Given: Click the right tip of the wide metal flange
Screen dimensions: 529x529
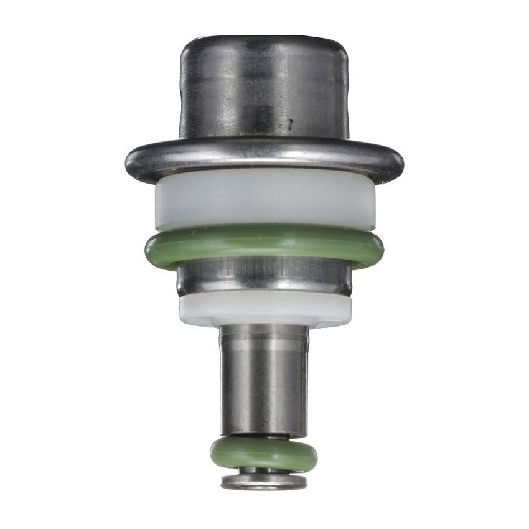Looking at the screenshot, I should [x=401, y=163].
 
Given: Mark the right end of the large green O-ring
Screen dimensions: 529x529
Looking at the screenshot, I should [x=381, y=248].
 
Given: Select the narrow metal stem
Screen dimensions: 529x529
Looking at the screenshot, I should [x=264, y=380].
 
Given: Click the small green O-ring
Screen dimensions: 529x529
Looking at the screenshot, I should [x=264, y=453].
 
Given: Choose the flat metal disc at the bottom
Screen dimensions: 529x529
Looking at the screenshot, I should [x=264, y=482].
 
